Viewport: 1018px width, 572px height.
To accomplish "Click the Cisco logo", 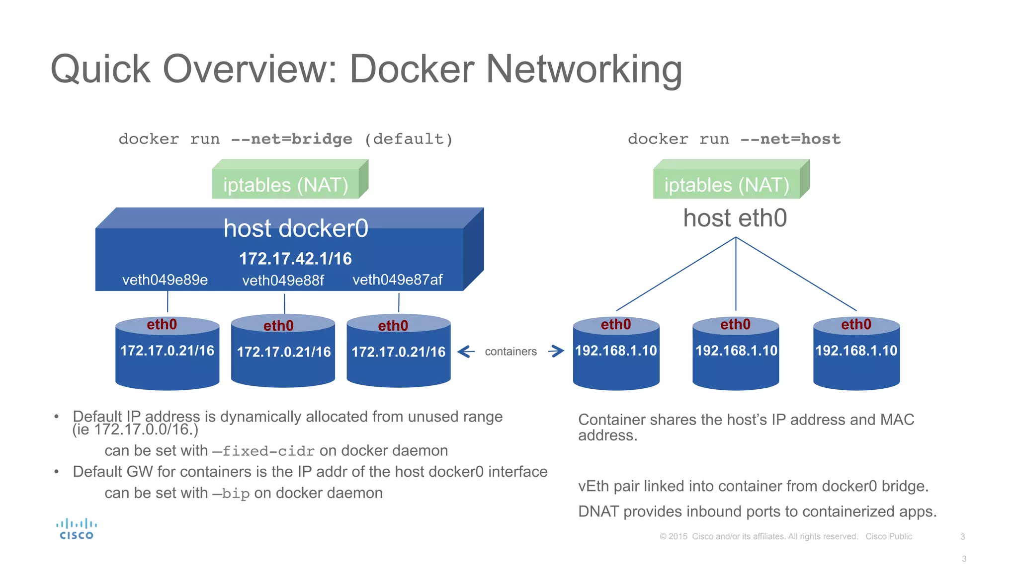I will pyautogui.click(x=76, y=529).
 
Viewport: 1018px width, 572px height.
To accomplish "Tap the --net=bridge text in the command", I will pyautogui.click(x=291, y=139).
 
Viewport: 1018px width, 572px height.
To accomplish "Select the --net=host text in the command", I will pyautogui.click(x=790, y=139).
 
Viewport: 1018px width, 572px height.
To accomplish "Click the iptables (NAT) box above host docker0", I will pyautogui.click(x=286, y=185).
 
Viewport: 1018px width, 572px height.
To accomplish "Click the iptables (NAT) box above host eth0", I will pyautogui.click(x=727, y=185).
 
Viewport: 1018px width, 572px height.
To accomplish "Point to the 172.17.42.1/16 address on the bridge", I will pyautogui.click(x=295, y=259).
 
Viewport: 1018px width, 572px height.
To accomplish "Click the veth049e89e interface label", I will pyautogui.click(x=165, y=280).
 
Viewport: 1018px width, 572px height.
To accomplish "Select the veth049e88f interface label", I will pyautogui.click(x=283, y=281).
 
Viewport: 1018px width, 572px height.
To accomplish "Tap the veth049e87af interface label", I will pyautogui.click(x=397, y=280).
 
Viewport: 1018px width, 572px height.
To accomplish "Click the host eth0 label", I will pyautogui.click(x=735, y=218).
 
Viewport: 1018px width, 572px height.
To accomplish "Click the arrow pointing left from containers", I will pyautogui.click(x=466, y=352).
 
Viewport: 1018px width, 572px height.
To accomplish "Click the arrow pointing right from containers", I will pyautogui.click(x=556, y=352).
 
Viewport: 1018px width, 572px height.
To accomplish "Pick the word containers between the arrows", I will pyautogui.click(x=510, y=352).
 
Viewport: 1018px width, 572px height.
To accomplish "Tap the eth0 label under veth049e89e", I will pyautogui.click(x=162, y=324).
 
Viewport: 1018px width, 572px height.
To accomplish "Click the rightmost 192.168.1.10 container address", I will pyautogui.click(x=856, y=351).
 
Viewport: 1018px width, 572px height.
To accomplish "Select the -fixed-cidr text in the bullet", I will pyautogui.click(x=264, y=451).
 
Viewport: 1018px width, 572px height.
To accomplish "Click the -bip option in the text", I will pyautogui.click(x=231, y=493).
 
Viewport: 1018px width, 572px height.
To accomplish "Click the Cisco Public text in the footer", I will pyautogui.click(x=888, y=536).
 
